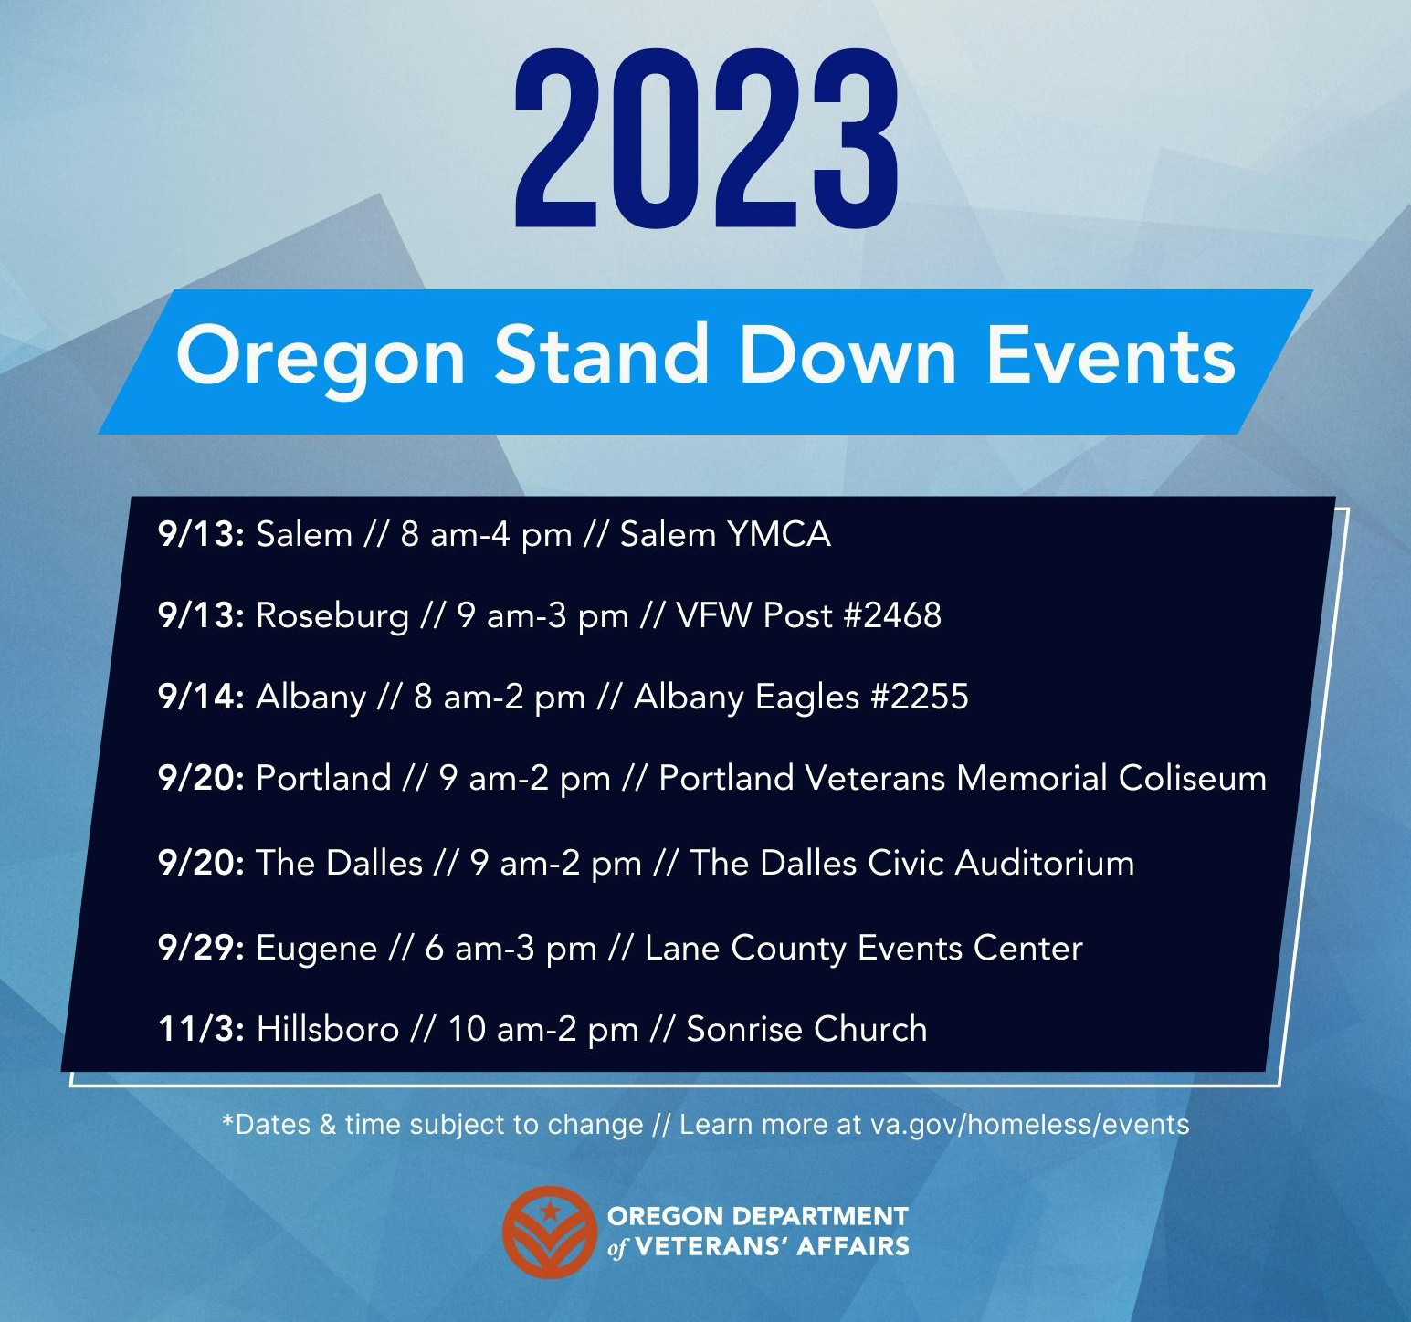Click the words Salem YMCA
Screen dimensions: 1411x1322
click(x=725, y=534)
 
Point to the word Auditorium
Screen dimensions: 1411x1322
click(x=1045, y=863)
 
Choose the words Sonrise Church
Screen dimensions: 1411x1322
click(x=806, y=1029)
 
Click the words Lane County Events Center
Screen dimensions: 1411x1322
click(x=864, y=948)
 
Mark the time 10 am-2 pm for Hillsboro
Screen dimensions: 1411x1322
click(x=542, y=1030)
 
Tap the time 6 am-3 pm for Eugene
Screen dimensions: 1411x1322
click(x=511, y=949)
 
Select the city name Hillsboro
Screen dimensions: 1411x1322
click(x=328, y=1029)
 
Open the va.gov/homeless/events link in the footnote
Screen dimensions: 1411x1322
click(x=1030, y=1124)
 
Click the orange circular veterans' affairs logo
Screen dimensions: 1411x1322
click(x=550, y=1233)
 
